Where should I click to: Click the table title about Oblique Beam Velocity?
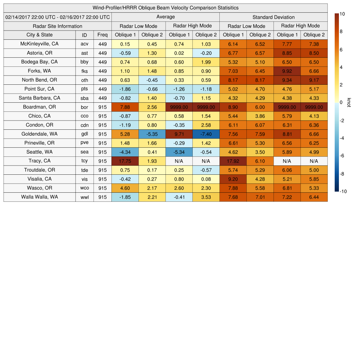click(x=166, y=8)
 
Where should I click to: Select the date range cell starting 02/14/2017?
click(x=58, y=17)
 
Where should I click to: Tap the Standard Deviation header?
click(x=274, y=17)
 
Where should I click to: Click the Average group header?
click(x=165, y=17)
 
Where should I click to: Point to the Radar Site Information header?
click(x=57, y=26)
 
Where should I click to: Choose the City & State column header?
click(x=39, y=35)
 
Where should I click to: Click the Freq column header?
click(x=102, y=35)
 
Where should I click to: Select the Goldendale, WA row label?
click(x=39, y=134)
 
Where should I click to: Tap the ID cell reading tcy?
click(x=84, y=161)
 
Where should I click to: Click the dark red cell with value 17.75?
click(x=125, y=161)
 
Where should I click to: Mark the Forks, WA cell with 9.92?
click(x=287, y=71)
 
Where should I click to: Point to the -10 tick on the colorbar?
click(x=343, y=192)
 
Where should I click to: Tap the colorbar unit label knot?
click(x=349, y=103)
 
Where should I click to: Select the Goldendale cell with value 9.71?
click(x=179, y=134)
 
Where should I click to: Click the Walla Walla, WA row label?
click(x=39, y=197)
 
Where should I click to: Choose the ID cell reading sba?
click(x=84, y=98)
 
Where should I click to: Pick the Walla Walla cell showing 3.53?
click(x=206, y=197)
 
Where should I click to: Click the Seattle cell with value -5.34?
click(x=179, y=152)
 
